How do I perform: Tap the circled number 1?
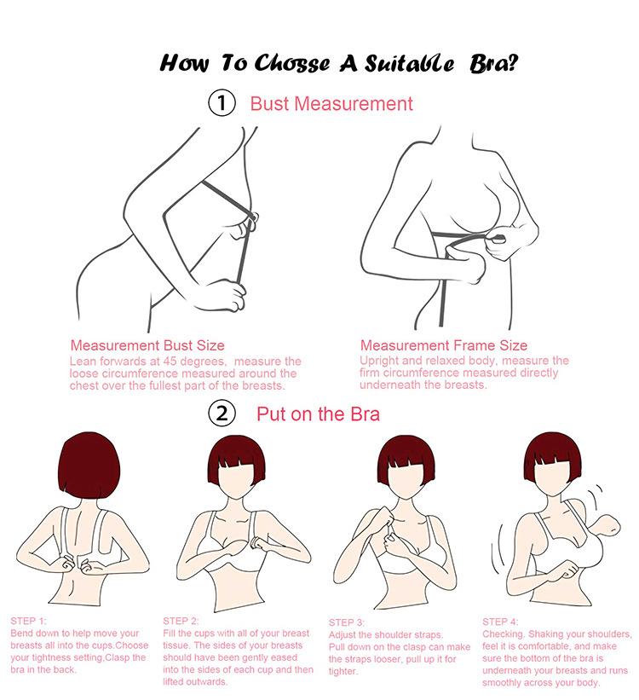tap(221, 104)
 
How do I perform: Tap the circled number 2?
tap(221, 414)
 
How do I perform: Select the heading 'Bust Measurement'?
tap(331, 104)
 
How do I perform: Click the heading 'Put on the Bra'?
tap(318, 414)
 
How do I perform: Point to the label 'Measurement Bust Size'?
tap(147, 345)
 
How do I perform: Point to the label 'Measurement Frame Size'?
tap(443, 345)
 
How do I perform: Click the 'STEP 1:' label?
tap(29, 621)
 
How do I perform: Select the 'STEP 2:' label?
tap(181, 621)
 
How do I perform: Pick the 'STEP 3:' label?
tap(346, 622)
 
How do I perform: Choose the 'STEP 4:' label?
tap(500, 622)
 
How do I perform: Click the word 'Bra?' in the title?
tap(492, 63)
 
